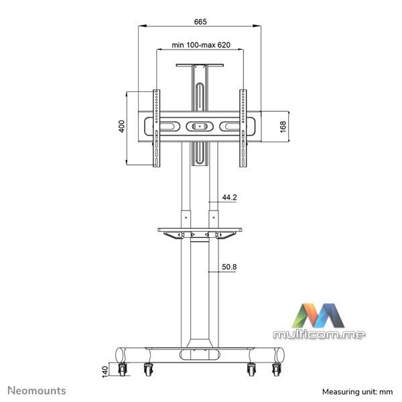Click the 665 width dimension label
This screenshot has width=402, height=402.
(200, 22)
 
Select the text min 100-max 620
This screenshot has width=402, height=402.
(201, 45)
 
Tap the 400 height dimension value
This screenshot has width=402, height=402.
(121, 126)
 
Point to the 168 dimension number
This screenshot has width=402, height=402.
(283, 127)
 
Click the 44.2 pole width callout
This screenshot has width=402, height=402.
(229, 198)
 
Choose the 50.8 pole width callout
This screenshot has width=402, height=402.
(229, 267)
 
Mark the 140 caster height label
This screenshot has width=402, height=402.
(105, 372)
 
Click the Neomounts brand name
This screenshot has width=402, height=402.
(37, 391)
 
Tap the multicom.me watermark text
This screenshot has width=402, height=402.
(319, 334)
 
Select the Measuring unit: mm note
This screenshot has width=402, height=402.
(357, 392)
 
